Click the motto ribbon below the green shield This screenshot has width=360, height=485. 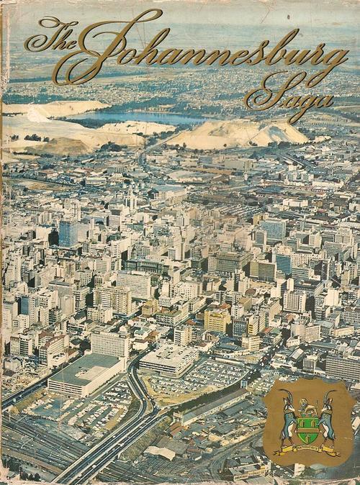click(307, 450)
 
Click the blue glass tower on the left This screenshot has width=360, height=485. click(68, 232)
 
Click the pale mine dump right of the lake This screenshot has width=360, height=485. click(238, 133)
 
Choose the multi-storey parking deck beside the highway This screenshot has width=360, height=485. click(167, 361)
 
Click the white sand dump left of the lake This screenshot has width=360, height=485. click(43, 126)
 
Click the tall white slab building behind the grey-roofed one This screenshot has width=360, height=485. click(110, 343)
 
